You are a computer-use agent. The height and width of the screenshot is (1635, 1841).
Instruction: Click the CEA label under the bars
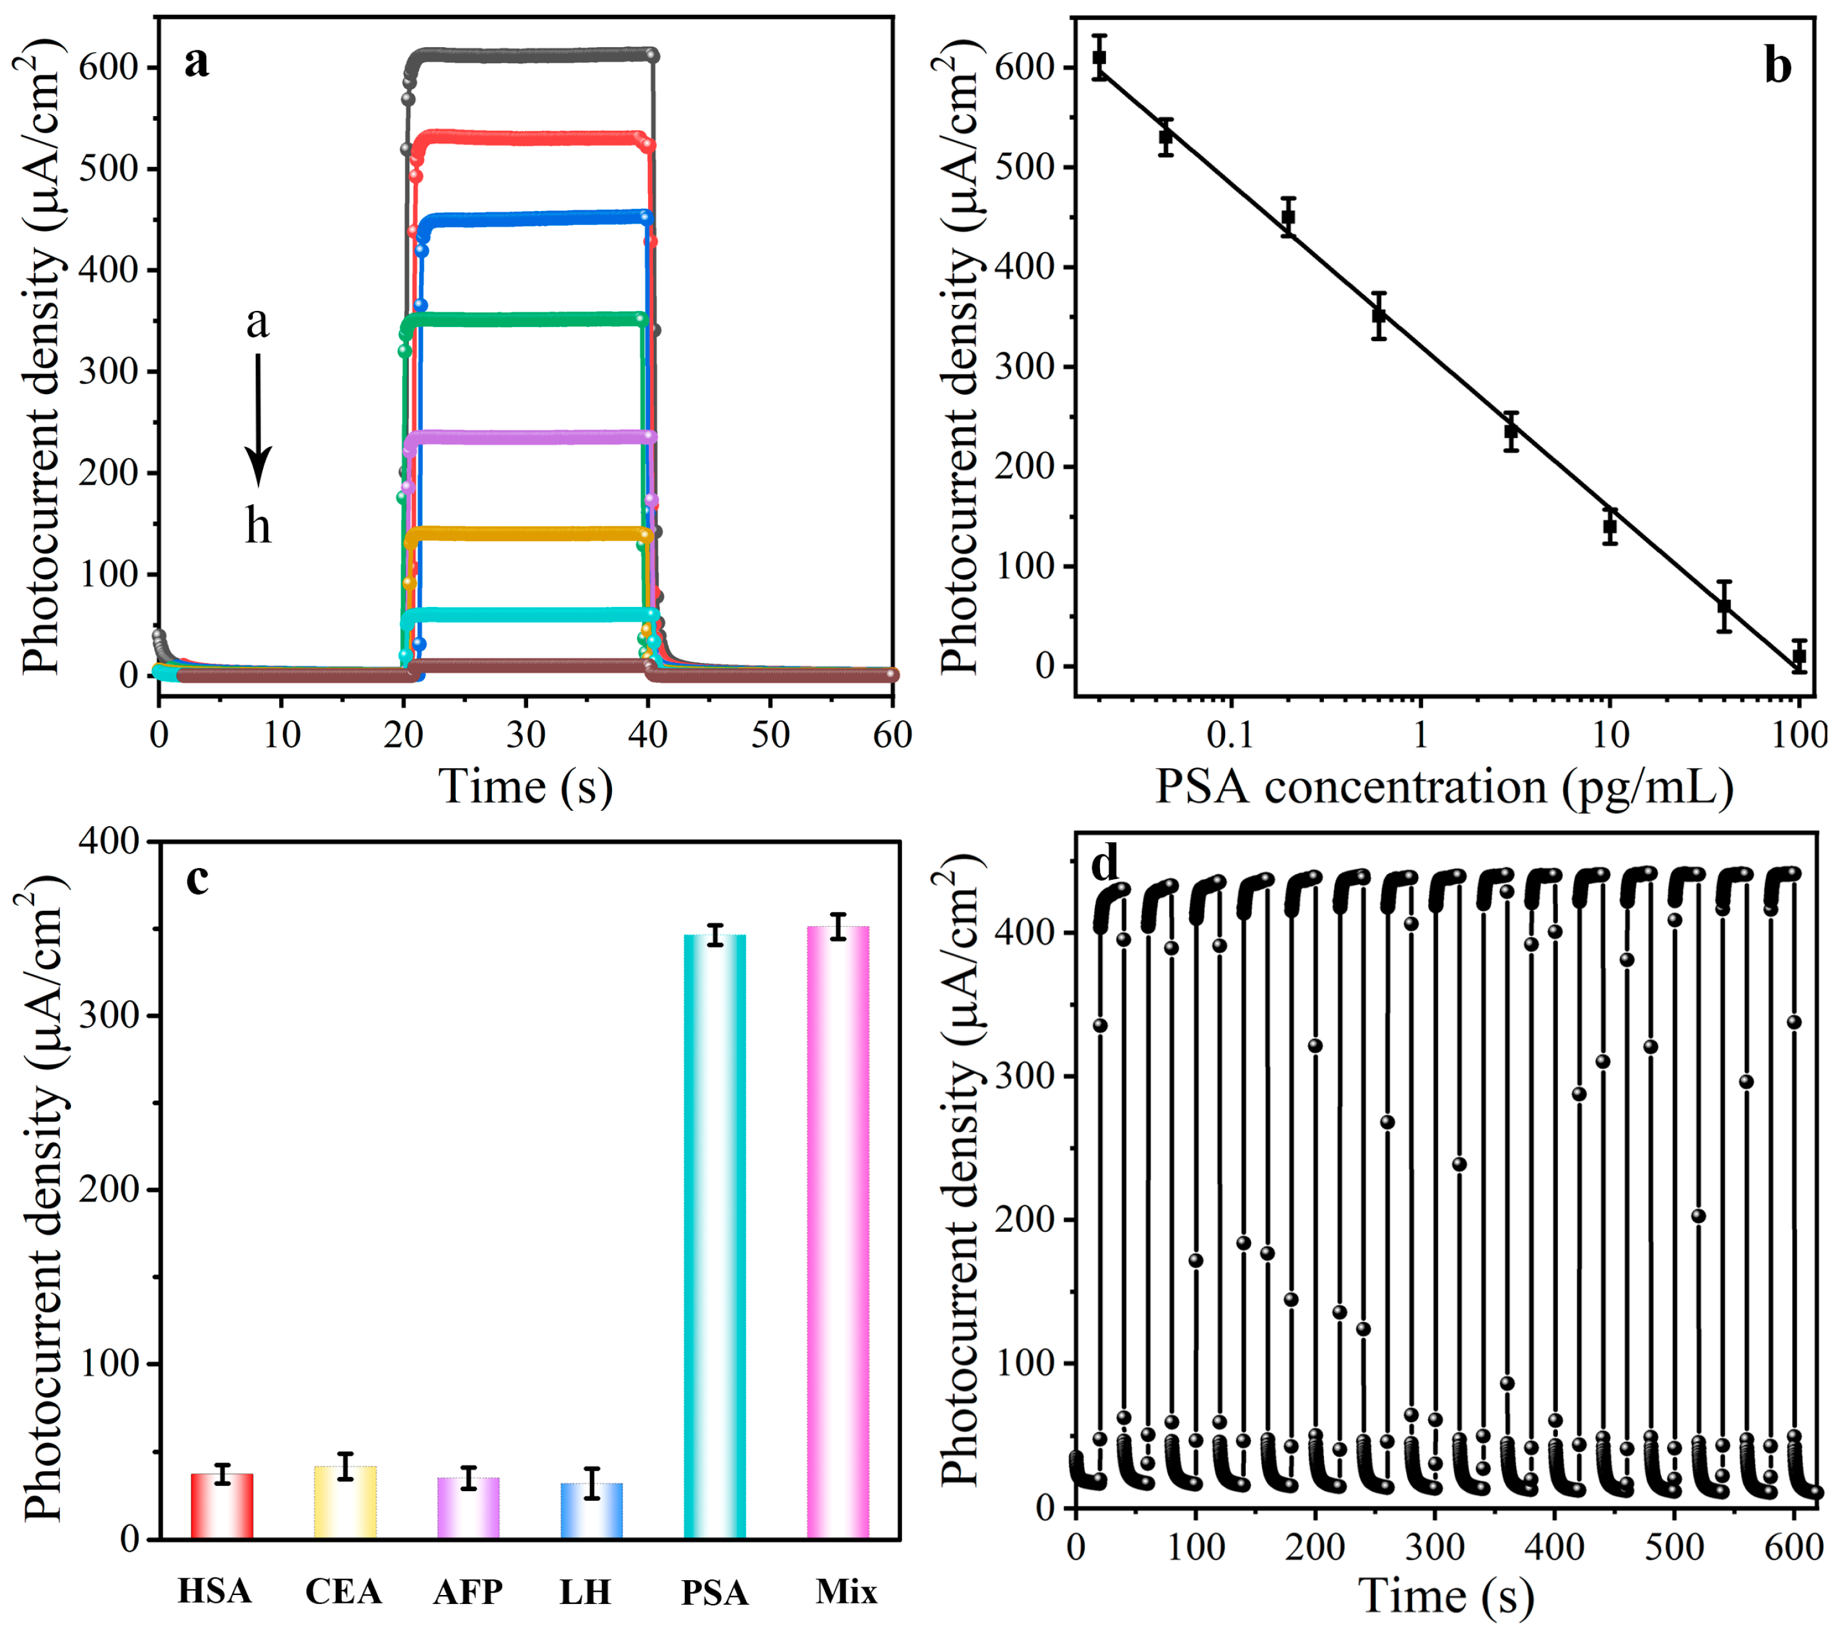point(343,1591)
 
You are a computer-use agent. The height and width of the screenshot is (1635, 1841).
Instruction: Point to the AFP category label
point(468,1591)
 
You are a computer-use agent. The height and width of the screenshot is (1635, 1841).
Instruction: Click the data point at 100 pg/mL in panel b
point(1798,657)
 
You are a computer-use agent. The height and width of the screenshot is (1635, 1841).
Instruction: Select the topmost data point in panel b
point(1099,57)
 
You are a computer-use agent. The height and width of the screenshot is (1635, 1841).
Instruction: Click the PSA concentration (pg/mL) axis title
point(1444,786)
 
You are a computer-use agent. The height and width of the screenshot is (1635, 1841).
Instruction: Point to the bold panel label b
point(1777,66)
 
